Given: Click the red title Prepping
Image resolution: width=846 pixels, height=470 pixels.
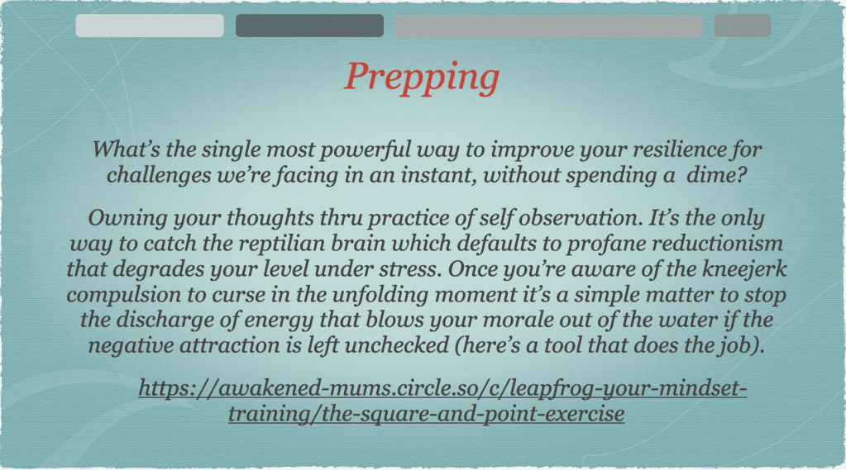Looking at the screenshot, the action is point(422,78).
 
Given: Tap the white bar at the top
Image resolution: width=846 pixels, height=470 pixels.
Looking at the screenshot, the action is point(150,26).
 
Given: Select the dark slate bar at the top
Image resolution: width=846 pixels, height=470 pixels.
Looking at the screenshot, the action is point(309,26).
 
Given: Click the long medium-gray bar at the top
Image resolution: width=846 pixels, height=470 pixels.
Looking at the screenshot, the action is point(549,26).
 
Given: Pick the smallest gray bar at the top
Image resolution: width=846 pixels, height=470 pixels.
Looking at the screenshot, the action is point(743,26).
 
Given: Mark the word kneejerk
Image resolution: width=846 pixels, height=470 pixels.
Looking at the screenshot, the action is point(744,269).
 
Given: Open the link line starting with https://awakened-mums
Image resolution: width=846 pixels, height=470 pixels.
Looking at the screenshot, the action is point(442,388).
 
